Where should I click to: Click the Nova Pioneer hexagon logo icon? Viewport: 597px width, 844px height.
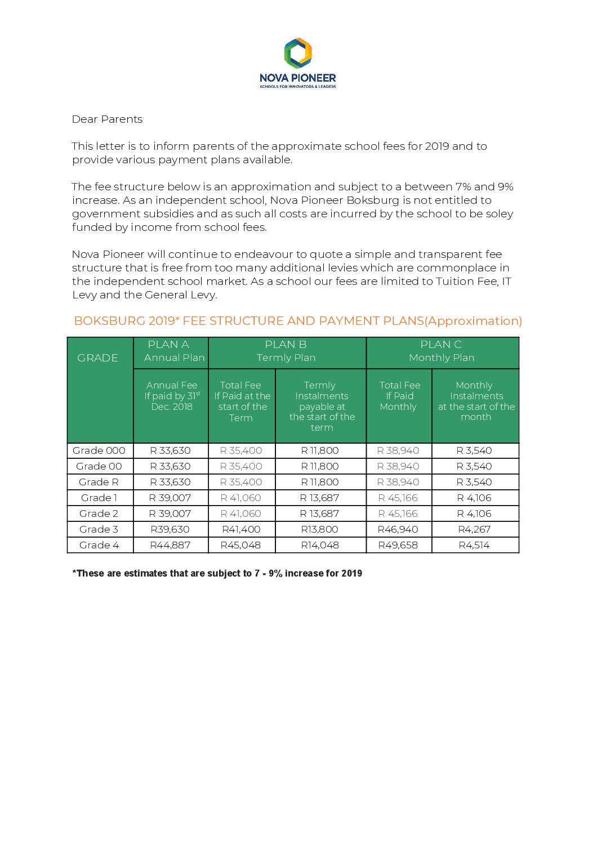click(298, 53)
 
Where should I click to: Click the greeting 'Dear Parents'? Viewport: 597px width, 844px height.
click(107, 119)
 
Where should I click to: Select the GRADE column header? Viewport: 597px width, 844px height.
click(97, 358)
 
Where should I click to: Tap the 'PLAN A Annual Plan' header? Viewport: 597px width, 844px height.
click(171, 351)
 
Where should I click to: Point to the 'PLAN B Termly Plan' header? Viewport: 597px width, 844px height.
click(286, 351)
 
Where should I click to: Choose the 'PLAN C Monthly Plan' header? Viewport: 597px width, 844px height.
click(442, 351)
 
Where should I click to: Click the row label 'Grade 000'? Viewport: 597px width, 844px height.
click(99, 450)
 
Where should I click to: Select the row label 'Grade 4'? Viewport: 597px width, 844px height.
click(99, 545)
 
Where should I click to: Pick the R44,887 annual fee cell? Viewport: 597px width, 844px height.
click(170, 545)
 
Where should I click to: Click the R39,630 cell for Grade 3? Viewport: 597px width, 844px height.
click(170, 529)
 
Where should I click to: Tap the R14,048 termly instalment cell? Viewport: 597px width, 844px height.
click(320, 545)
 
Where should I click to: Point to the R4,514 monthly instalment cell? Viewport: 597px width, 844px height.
click(474, 545)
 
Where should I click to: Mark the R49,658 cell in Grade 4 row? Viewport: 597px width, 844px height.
click(398, 545)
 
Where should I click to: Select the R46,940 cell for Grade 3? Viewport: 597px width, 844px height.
click(398, 529)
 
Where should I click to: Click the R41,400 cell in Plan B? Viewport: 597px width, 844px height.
click(241, 529)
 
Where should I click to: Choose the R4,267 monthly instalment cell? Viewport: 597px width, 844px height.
click(474, 529)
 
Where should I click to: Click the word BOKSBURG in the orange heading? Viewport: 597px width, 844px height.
click(109, 321)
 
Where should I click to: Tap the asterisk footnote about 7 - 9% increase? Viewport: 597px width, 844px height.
click(217, 573)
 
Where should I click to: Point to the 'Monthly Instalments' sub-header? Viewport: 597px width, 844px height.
click(476, 401)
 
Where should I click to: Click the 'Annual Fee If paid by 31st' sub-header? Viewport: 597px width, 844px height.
click(172, 396)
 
